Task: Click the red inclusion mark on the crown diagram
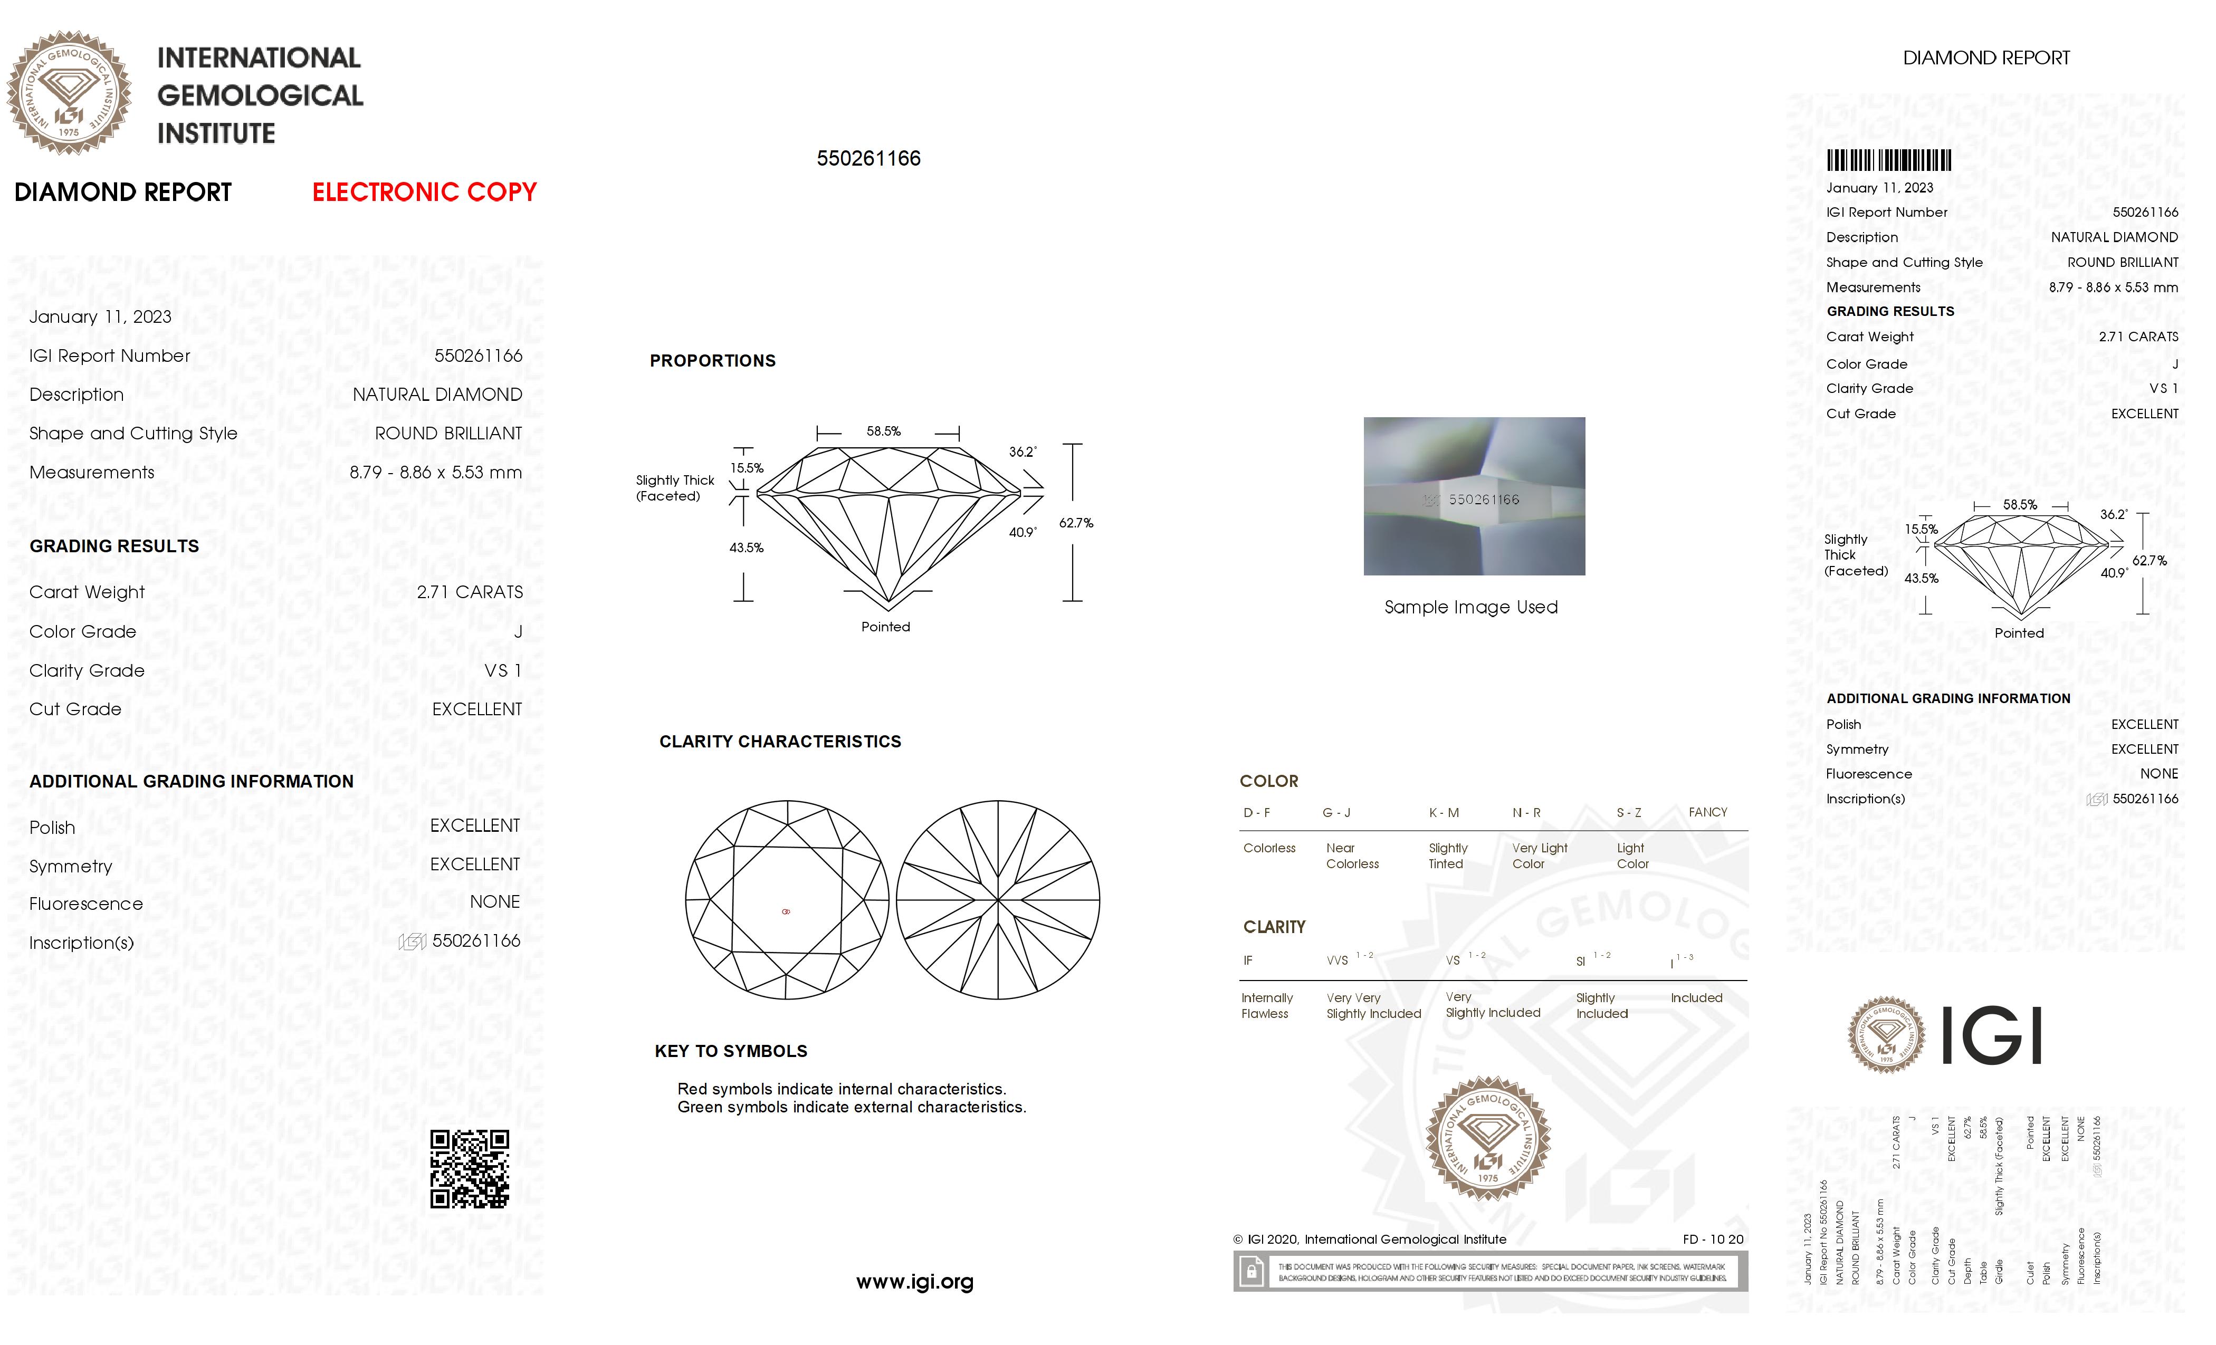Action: (786, 911)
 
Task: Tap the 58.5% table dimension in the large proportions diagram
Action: (883, 431)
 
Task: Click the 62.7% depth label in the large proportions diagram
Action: (1076, 523)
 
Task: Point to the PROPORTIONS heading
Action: (712, 361)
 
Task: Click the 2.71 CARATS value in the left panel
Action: (470, 592)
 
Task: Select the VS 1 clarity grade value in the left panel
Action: (503, 671)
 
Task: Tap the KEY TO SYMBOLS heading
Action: (730, 1051)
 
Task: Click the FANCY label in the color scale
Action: (1707, 812)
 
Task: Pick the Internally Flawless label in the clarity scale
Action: (1266, 1005)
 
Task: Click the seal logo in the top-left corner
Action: (69, 93)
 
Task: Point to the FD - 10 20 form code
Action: (1712, 1239)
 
